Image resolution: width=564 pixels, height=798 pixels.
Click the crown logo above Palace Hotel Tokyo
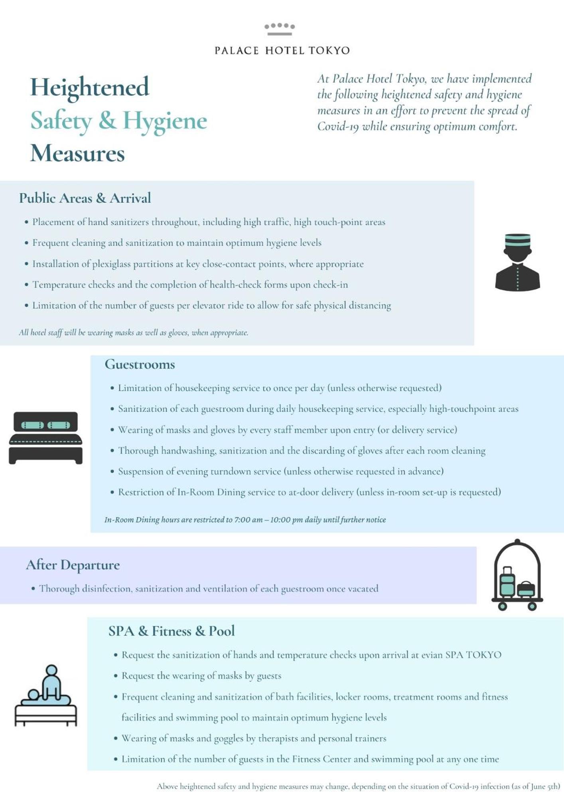tap(279, 29)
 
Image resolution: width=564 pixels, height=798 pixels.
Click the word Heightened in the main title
tap(90, 87)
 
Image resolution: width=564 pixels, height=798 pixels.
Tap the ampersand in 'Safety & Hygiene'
tap(107, 120)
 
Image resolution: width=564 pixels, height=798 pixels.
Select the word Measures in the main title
tap(77, 153)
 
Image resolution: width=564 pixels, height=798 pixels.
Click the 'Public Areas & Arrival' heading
tap(85, 198)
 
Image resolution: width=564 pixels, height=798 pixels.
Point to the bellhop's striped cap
tap(517, 240)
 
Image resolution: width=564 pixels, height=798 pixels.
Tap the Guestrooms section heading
tap(140, 364)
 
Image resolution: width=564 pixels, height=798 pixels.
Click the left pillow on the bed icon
tap(32, 425)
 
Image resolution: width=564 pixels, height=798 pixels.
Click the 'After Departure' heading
tap(73, 565)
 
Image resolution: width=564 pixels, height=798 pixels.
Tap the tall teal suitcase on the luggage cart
tap(507, 581)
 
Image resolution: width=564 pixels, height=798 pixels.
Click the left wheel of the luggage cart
tap(503, 606)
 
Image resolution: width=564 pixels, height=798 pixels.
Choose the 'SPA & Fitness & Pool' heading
tap(172, 631)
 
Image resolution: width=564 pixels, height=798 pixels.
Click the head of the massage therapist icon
tap(51, 671)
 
